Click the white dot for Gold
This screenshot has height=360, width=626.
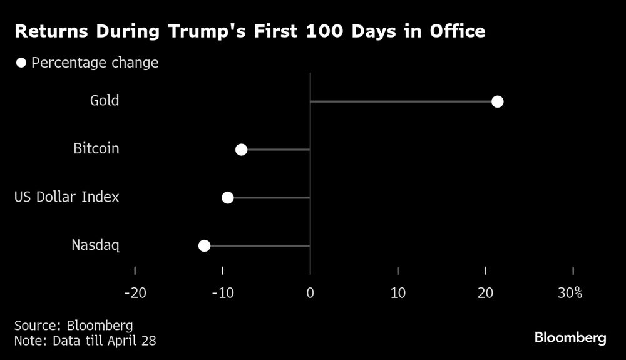tap(497, 101)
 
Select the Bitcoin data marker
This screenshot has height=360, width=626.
tap(241, 150)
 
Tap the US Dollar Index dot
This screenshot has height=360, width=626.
tap(228, 198)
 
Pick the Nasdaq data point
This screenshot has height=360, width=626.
tap(204, 245)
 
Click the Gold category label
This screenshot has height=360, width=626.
tap(105, 101)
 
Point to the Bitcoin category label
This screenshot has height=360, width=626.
tap(96, 149)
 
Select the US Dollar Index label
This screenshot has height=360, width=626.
tap(67, 197)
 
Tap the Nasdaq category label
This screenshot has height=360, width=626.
tap(95, 245)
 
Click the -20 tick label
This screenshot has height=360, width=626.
tap(135, 292)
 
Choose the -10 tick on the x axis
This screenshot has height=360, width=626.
tap(222, 292)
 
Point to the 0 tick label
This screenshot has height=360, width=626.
tap(310, 292)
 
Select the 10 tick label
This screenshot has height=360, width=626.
tap(398, 292)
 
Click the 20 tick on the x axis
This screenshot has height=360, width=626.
tap(485, 292)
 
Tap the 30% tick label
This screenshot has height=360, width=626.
tap(570, 292)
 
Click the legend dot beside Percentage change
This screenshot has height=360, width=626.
tap(21, 63)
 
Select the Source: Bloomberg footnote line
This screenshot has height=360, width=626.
tap(73, 326)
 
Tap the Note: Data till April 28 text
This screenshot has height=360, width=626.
tap(85, 341)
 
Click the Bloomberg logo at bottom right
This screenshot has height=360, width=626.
tap(570, 338)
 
